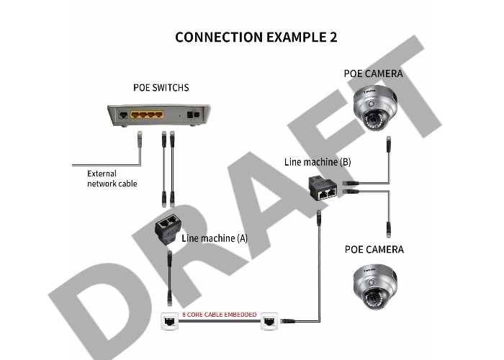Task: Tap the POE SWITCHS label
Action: pyautogui.click(x=161, y=88)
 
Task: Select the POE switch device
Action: pyautogui.click(x=154, y=115)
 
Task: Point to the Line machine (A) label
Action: pyautogui.click(x=215, y=238)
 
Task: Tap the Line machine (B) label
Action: pyautogui.click(x=318, y=162)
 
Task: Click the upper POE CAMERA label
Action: pyautogui.click(x=373, y=73)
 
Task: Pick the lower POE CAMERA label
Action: pyautogui.click(x=373, y=250)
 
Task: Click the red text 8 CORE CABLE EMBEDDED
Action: pyautogui.click(x=217, y=315)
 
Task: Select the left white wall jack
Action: pyautogui.click(x=169, y=322)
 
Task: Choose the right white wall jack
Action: pyautogui.click(x=269, y=322)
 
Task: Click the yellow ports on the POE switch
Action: pyautogui.click(x=148, y=114)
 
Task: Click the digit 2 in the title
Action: pyautogui.click(x=332, y=37)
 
